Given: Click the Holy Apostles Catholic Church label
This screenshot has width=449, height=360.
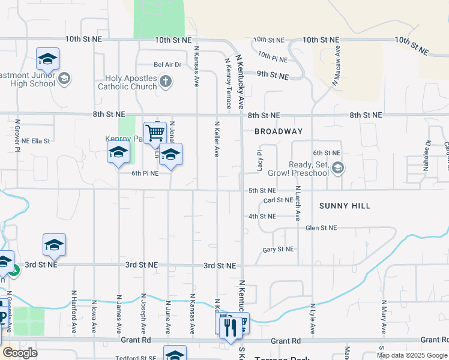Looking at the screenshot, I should pyautogui.click(x=131, y=82).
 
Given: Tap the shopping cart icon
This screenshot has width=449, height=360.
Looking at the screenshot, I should pyautogui.click(x=155, y=132).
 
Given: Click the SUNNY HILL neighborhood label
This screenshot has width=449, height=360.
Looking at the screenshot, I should pyautogui.click(x=345, y=206).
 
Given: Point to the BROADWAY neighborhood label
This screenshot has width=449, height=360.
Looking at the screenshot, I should pyautogui.click(x=279, y=131).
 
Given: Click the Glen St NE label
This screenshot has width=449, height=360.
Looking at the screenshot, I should pyautogui.click(x=321, y=228).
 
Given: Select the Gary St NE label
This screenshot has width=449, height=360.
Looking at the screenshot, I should pyautogui.click(x=279, y=249).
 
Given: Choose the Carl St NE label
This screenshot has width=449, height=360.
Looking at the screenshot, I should pyautogui.click(x=278, y=200).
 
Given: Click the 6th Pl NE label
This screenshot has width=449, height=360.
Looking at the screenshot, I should pyautogui.click(x=145, y=173).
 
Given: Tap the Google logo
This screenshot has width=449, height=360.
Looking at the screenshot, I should pyautogui.click(x=20, y=353).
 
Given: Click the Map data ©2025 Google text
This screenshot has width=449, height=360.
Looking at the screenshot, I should pyautogui.click(x=412, y=355).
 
